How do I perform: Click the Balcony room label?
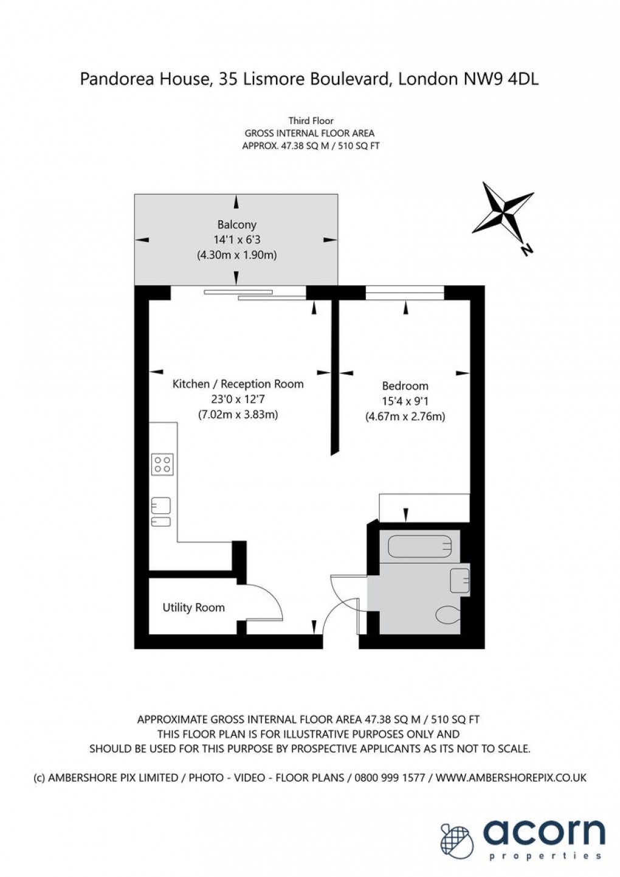[236, 224]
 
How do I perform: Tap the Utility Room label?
[193, 608]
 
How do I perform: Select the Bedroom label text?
[405, 386]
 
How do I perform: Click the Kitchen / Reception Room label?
[238, 384]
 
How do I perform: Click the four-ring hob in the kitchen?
[162, 465]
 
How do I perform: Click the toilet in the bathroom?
[449, 615]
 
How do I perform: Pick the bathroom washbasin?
[459, 580]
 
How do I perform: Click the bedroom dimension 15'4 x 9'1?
[405, 401]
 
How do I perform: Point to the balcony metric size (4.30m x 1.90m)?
[236, 255]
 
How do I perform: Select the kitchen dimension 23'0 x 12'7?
[238, 400]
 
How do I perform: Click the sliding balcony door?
[255, 294]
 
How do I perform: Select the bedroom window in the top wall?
[405, 293]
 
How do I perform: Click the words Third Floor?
[311, 121]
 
